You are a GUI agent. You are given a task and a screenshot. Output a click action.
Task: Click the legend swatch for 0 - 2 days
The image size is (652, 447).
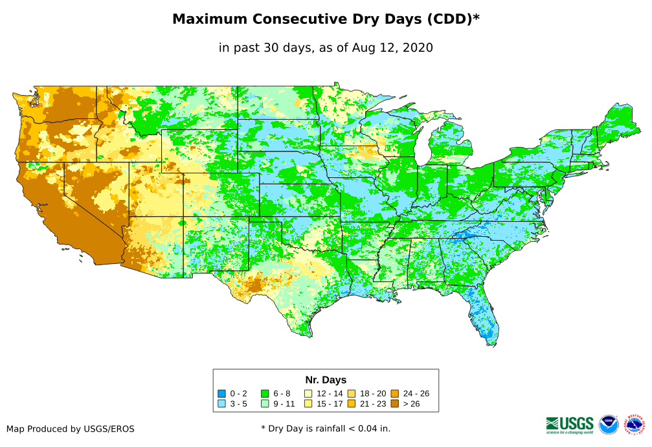(221, 393)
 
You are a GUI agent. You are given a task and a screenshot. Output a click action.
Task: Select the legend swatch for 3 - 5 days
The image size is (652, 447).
(221, 404)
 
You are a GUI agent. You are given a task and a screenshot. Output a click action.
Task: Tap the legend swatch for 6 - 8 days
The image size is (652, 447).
(265, 393)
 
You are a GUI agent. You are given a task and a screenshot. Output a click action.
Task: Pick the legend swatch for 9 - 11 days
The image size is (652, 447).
(265, 404)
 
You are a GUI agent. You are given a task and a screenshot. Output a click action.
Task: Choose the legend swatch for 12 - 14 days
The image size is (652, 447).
(308, 393)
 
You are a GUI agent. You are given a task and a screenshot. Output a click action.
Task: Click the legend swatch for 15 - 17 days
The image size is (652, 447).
(308, 404)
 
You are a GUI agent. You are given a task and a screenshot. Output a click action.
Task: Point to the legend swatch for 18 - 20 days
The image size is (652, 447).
(352, 393)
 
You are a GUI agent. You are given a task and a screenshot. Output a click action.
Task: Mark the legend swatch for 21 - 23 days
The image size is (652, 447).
(352, 404)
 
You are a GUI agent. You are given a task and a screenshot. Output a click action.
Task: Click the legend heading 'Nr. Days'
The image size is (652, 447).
(326, 380)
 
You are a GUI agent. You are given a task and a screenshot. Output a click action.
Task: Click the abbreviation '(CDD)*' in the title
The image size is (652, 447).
(451, 19)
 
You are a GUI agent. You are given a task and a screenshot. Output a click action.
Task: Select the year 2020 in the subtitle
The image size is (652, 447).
(418, 47)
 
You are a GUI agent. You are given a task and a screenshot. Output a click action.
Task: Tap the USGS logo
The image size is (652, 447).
(570, 424)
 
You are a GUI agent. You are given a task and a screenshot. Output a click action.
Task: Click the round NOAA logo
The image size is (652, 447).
(609, 424)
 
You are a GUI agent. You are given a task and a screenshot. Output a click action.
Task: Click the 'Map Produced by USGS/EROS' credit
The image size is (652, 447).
(71, 428)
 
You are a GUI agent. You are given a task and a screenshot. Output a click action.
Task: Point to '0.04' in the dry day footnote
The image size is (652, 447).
(357, 428)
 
